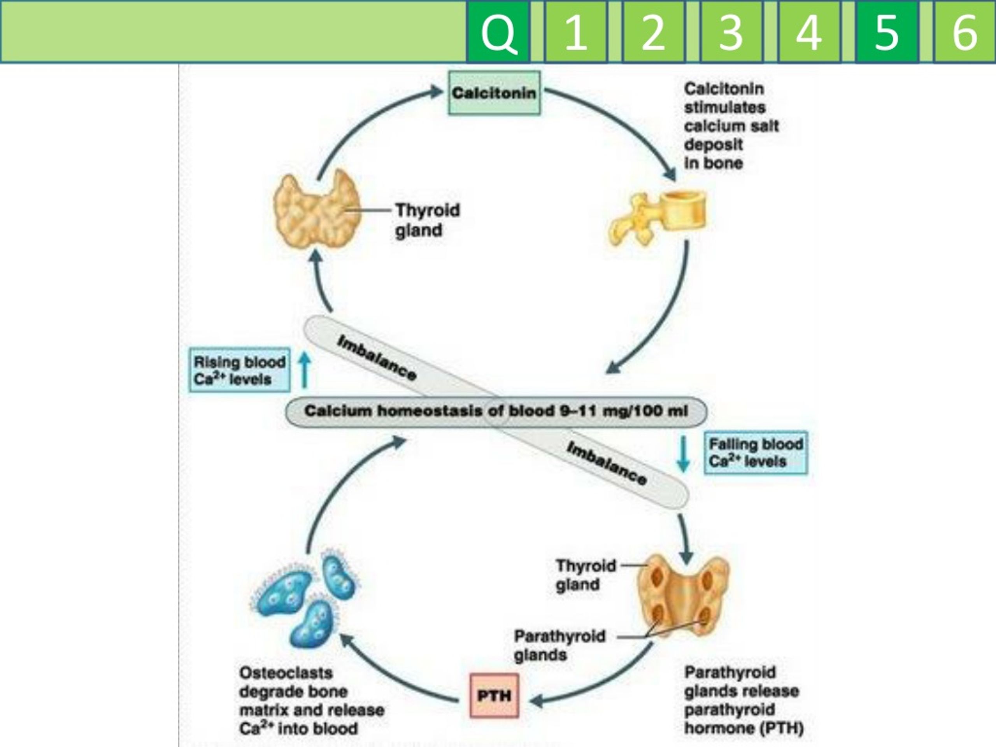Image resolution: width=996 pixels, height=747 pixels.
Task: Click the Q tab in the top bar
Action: (498, 32)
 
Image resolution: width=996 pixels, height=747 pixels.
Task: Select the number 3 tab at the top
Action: (730, 32)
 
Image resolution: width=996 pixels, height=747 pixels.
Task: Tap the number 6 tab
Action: (964, 32)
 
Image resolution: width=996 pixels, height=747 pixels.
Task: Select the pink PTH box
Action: (494, 696)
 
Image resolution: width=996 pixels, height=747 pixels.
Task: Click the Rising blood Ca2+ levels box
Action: (239, 370)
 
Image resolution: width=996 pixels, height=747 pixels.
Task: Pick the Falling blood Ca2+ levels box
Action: (756, 452)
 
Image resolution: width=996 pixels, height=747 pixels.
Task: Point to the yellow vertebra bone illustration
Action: (658, 217)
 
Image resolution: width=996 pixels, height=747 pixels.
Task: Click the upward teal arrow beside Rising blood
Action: (305, 370)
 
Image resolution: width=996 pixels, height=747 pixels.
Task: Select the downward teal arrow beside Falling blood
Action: (684, 453)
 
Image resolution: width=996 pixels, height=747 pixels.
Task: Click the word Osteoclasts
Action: (286, 673)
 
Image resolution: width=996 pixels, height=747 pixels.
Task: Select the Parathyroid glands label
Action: (559, 645)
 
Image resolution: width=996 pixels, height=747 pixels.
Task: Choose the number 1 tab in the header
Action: (575, 32)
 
